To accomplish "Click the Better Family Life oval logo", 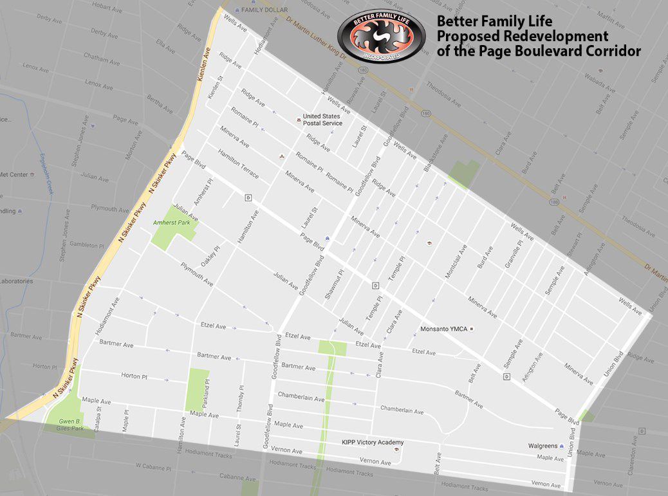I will pos(381,37).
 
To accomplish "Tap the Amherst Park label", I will pos(169,223).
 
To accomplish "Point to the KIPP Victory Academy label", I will pos(372,443).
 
